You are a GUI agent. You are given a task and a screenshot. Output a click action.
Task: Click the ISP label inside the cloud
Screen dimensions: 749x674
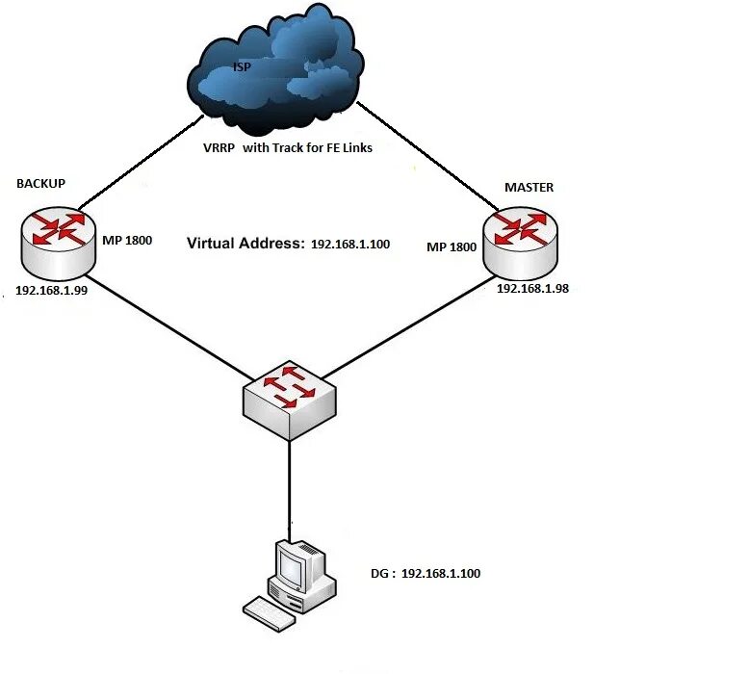point(242,66)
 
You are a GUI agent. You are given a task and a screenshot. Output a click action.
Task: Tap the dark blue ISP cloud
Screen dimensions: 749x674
point(275,69)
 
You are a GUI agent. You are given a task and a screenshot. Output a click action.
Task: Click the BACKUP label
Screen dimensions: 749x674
point(41,184)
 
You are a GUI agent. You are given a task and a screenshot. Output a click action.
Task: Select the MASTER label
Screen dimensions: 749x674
point(529,187)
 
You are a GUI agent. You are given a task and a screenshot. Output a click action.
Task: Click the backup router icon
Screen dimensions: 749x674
point(59,244)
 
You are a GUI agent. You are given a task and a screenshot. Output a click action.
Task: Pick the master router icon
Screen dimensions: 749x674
point(520,244)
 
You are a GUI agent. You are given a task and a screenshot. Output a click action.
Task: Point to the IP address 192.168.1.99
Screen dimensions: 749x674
point(52,291)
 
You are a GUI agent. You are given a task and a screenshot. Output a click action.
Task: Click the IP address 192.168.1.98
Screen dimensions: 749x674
point(532,289)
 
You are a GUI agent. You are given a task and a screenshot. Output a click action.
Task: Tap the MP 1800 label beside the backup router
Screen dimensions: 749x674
point(127,240)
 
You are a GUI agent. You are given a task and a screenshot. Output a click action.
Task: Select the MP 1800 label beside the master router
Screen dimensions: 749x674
point(452,246)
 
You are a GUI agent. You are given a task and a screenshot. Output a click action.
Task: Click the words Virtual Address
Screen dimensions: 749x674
point(245,244)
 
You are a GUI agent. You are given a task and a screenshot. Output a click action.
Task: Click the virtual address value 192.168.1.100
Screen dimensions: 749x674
point(350,245)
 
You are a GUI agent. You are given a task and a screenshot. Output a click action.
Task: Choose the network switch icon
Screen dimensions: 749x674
point(290,401)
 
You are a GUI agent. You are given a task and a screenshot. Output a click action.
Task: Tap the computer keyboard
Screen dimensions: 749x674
point(270,613)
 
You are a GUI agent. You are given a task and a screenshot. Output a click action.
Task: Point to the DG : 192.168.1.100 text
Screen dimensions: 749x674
point(426,573)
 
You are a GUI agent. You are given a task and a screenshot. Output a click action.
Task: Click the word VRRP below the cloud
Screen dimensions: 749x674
point(219,148)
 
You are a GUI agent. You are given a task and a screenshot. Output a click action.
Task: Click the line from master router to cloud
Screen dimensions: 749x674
point(428,156)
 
